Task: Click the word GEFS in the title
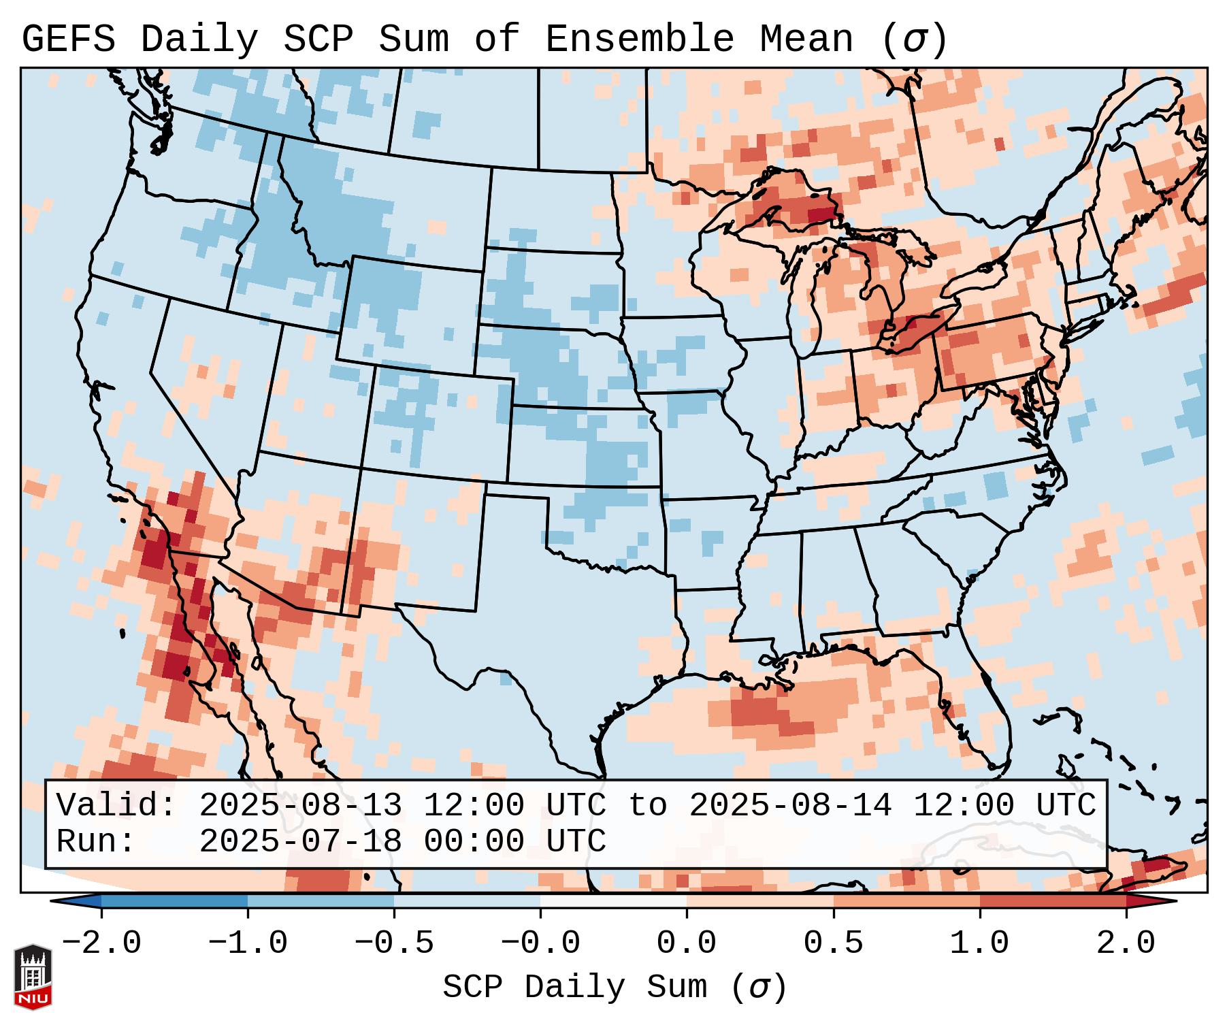[68, 39]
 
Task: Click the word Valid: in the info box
[116, 806]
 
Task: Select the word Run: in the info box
[96, 842]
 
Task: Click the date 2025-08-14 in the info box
[790, 806]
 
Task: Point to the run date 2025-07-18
[300, 842]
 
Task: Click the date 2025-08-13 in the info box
[300, 806]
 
